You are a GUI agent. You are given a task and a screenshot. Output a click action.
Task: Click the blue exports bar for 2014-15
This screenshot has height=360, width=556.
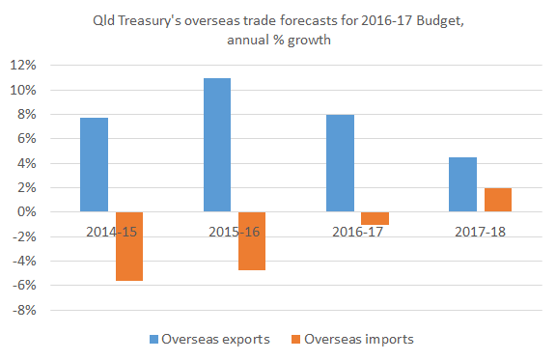point(94,165)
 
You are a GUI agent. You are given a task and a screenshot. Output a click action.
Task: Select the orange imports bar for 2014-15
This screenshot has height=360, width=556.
point(128,246)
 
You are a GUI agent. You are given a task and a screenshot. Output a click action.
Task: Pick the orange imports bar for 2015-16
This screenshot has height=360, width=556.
point(252,240)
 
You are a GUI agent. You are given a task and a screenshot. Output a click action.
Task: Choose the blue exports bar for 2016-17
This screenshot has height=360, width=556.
point(340,163)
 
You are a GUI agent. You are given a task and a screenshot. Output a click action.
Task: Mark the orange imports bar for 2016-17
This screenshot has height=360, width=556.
point(375,218)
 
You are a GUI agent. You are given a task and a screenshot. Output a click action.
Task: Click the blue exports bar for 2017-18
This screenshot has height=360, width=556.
point(463,184)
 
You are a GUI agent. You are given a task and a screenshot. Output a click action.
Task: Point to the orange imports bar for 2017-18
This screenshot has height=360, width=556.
point(498,200)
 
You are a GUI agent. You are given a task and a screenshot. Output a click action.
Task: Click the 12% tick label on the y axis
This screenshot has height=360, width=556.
point(23,66)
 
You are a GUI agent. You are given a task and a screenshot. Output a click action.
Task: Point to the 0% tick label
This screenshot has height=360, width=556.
point(26,212)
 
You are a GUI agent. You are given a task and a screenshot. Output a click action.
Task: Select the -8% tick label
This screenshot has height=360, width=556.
point(24,311)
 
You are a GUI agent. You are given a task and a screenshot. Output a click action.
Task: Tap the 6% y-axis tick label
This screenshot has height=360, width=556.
point(26,139)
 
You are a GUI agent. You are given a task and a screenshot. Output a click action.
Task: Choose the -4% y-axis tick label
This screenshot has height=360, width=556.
point(24,262)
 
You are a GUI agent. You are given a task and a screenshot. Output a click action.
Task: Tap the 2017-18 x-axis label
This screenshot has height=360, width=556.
point(480,232)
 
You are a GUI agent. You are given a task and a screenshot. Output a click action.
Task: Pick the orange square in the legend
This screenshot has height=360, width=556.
point(295,339)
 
